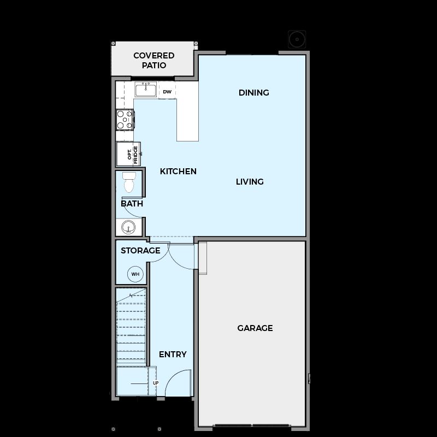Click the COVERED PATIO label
(154, 60)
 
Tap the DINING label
(254, 92)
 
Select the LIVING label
(250, 182)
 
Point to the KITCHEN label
(178, 171)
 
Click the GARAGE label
(255, 328)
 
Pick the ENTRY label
(173, 354)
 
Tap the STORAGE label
(140, 251)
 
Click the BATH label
(132, 204)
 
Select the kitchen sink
(146, 89)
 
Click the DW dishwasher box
(167, 91)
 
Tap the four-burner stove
(125, 120)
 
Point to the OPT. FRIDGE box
(128, 154)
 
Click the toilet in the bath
(129, 182)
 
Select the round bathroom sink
(128, 227)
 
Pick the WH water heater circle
(135, 274)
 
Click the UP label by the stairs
(156, 383)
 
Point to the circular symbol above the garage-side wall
(297, 39)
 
